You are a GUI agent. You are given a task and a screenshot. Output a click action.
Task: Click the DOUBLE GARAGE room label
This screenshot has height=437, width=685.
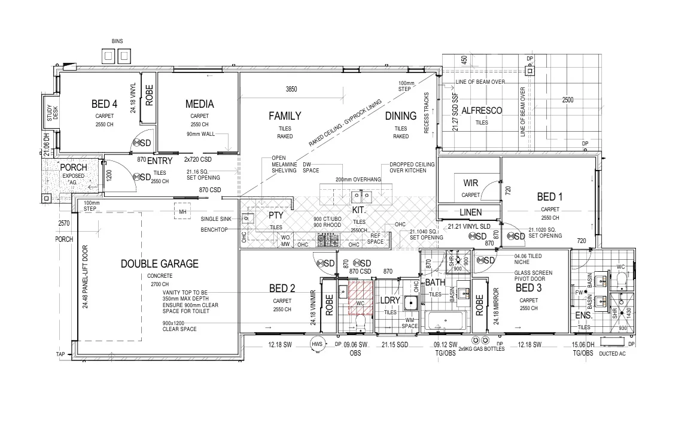[x=159, y=263]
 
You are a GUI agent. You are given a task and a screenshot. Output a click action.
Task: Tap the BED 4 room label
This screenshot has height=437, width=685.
[x=104, y=104]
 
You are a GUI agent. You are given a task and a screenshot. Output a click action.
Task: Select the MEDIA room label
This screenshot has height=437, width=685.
[x=199, y=104]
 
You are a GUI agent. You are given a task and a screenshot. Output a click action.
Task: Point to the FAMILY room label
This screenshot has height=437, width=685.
[x=285, y=116]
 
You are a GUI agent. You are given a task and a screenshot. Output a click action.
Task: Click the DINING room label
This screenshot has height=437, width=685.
[x=400, y=116]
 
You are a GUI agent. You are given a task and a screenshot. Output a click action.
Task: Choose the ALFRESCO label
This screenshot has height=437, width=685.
[x=482, y=111]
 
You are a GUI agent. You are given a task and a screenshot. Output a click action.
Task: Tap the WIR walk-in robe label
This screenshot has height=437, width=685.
[x=471, y=183]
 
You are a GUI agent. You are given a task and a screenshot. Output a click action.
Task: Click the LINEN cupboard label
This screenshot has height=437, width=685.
[x=470, y=213]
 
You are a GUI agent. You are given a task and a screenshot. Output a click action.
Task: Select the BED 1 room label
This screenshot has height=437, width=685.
[x=550, y=196]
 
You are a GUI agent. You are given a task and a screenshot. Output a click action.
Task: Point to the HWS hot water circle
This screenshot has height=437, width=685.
[x=316, y=344]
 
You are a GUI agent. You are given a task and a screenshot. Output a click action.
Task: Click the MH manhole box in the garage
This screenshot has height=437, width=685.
[x=182, y=211]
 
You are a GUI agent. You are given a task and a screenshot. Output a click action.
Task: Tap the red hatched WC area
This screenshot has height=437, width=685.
[x=360, y=297]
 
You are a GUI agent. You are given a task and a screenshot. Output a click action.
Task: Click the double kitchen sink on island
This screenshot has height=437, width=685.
[x=360, y=195]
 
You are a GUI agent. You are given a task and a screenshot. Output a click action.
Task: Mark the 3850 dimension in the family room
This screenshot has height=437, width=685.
[x=291, y=89]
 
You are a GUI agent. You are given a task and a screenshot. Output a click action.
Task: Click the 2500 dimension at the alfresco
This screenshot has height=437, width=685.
[x=568, y=100]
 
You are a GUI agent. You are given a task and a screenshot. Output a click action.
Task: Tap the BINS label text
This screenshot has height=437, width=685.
[x=117, y=41]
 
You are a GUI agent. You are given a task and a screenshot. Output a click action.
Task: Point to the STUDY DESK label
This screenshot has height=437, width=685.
[x=52, y=113]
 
